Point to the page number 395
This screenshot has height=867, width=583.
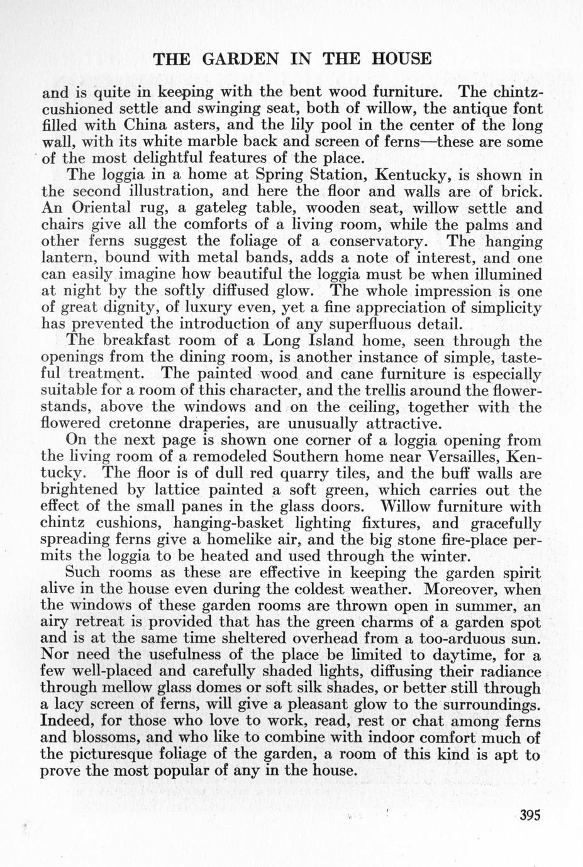[530, 815]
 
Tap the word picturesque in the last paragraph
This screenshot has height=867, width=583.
[142, 755]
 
